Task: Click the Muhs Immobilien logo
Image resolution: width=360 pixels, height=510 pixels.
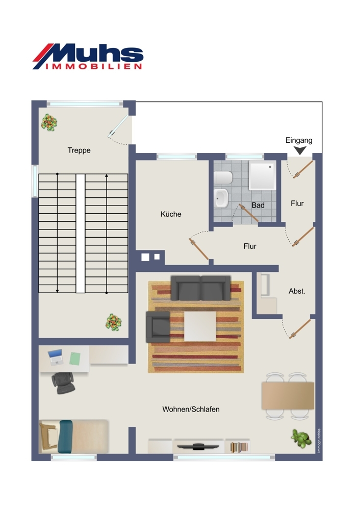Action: pos(88,56)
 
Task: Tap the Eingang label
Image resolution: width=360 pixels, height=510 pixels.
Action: pos(299,141)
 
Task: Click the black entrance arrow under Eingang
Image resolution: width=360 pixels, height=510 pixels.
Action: pos(299,150)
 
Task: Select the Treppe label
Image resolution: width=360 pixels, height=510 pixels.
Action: pos(79,150)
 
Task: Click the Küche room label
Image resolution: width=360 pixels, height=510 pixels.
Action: pos(171,214)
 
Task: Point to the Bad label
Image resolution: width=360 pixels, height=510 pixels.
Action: pos(258,205)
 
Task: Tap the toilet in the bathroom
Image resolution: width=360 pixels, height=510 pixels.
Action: pos(223,178)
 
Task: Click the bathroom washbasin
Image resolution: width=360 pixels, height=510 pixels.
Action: pos(221,198)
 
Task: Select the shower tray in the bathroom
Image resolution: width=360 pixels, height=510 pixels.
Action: pos(263,175)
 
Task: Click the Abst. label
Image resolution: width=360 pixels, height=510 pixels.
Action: pos(297,291)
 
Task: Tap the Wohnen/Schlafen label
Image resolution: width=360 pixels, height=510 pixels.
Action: pos(191,409)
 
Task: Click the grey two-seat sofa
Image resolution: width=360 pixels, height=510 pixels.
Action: pos(200,288)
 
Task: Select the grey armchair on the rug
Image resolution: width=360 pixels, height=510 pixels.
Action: pos(158,326)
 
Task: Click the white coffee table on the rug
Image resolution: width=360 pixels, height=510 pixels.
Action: pos(200,326)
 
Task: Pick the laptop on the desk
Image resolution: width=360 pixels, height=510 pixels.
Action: pos(55,357)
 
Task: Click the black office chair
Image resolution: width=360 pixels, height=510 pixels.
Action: pos(63,383)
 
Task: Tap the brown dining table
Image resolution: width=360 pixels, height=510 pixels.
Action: pos(288,396)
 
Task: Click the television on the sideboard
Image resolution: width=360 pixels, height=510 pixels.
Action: pos(199,446)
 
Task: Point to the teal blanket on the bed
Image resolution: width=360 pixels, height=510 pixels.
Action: pos(65,437)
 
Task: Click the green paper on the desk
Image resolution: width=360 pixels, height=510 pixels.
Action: pos(75,358)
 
